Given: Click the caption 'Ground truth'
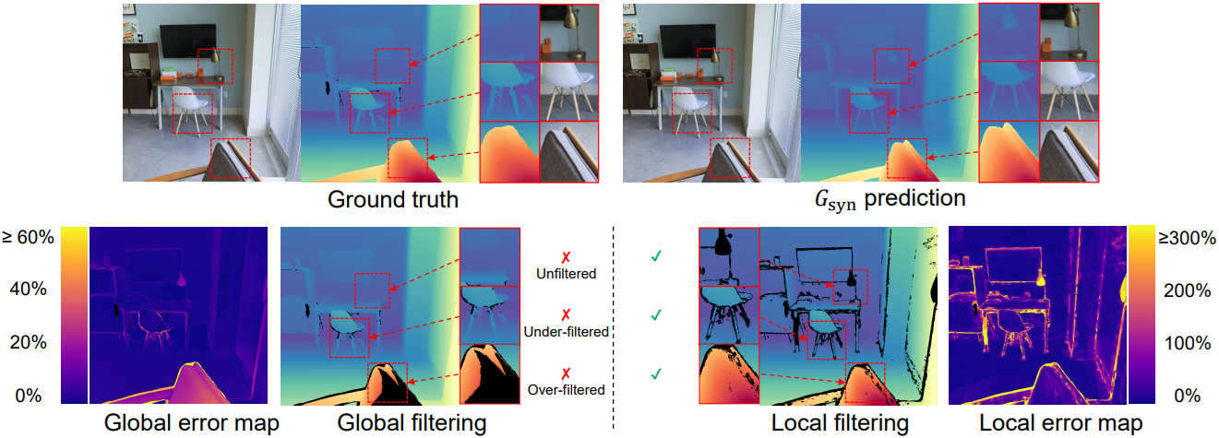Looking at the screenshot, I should coord(392,199).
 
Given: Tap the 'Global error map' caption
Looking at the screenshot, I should coord(192,424).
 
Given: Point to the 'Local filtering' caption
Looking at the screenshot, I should coord(840,424).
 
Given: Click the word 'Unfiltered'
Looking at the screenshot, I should coord(566,273).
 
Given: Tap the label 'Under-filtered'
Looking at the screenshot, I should coord(566,331).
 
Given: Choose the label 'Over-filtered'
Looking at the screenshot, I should coord(566,389).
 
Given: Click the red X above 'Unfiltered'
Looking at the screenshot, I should coord(565,257).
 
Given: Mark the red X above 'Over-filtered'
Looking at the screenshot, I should coord(565,373).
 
